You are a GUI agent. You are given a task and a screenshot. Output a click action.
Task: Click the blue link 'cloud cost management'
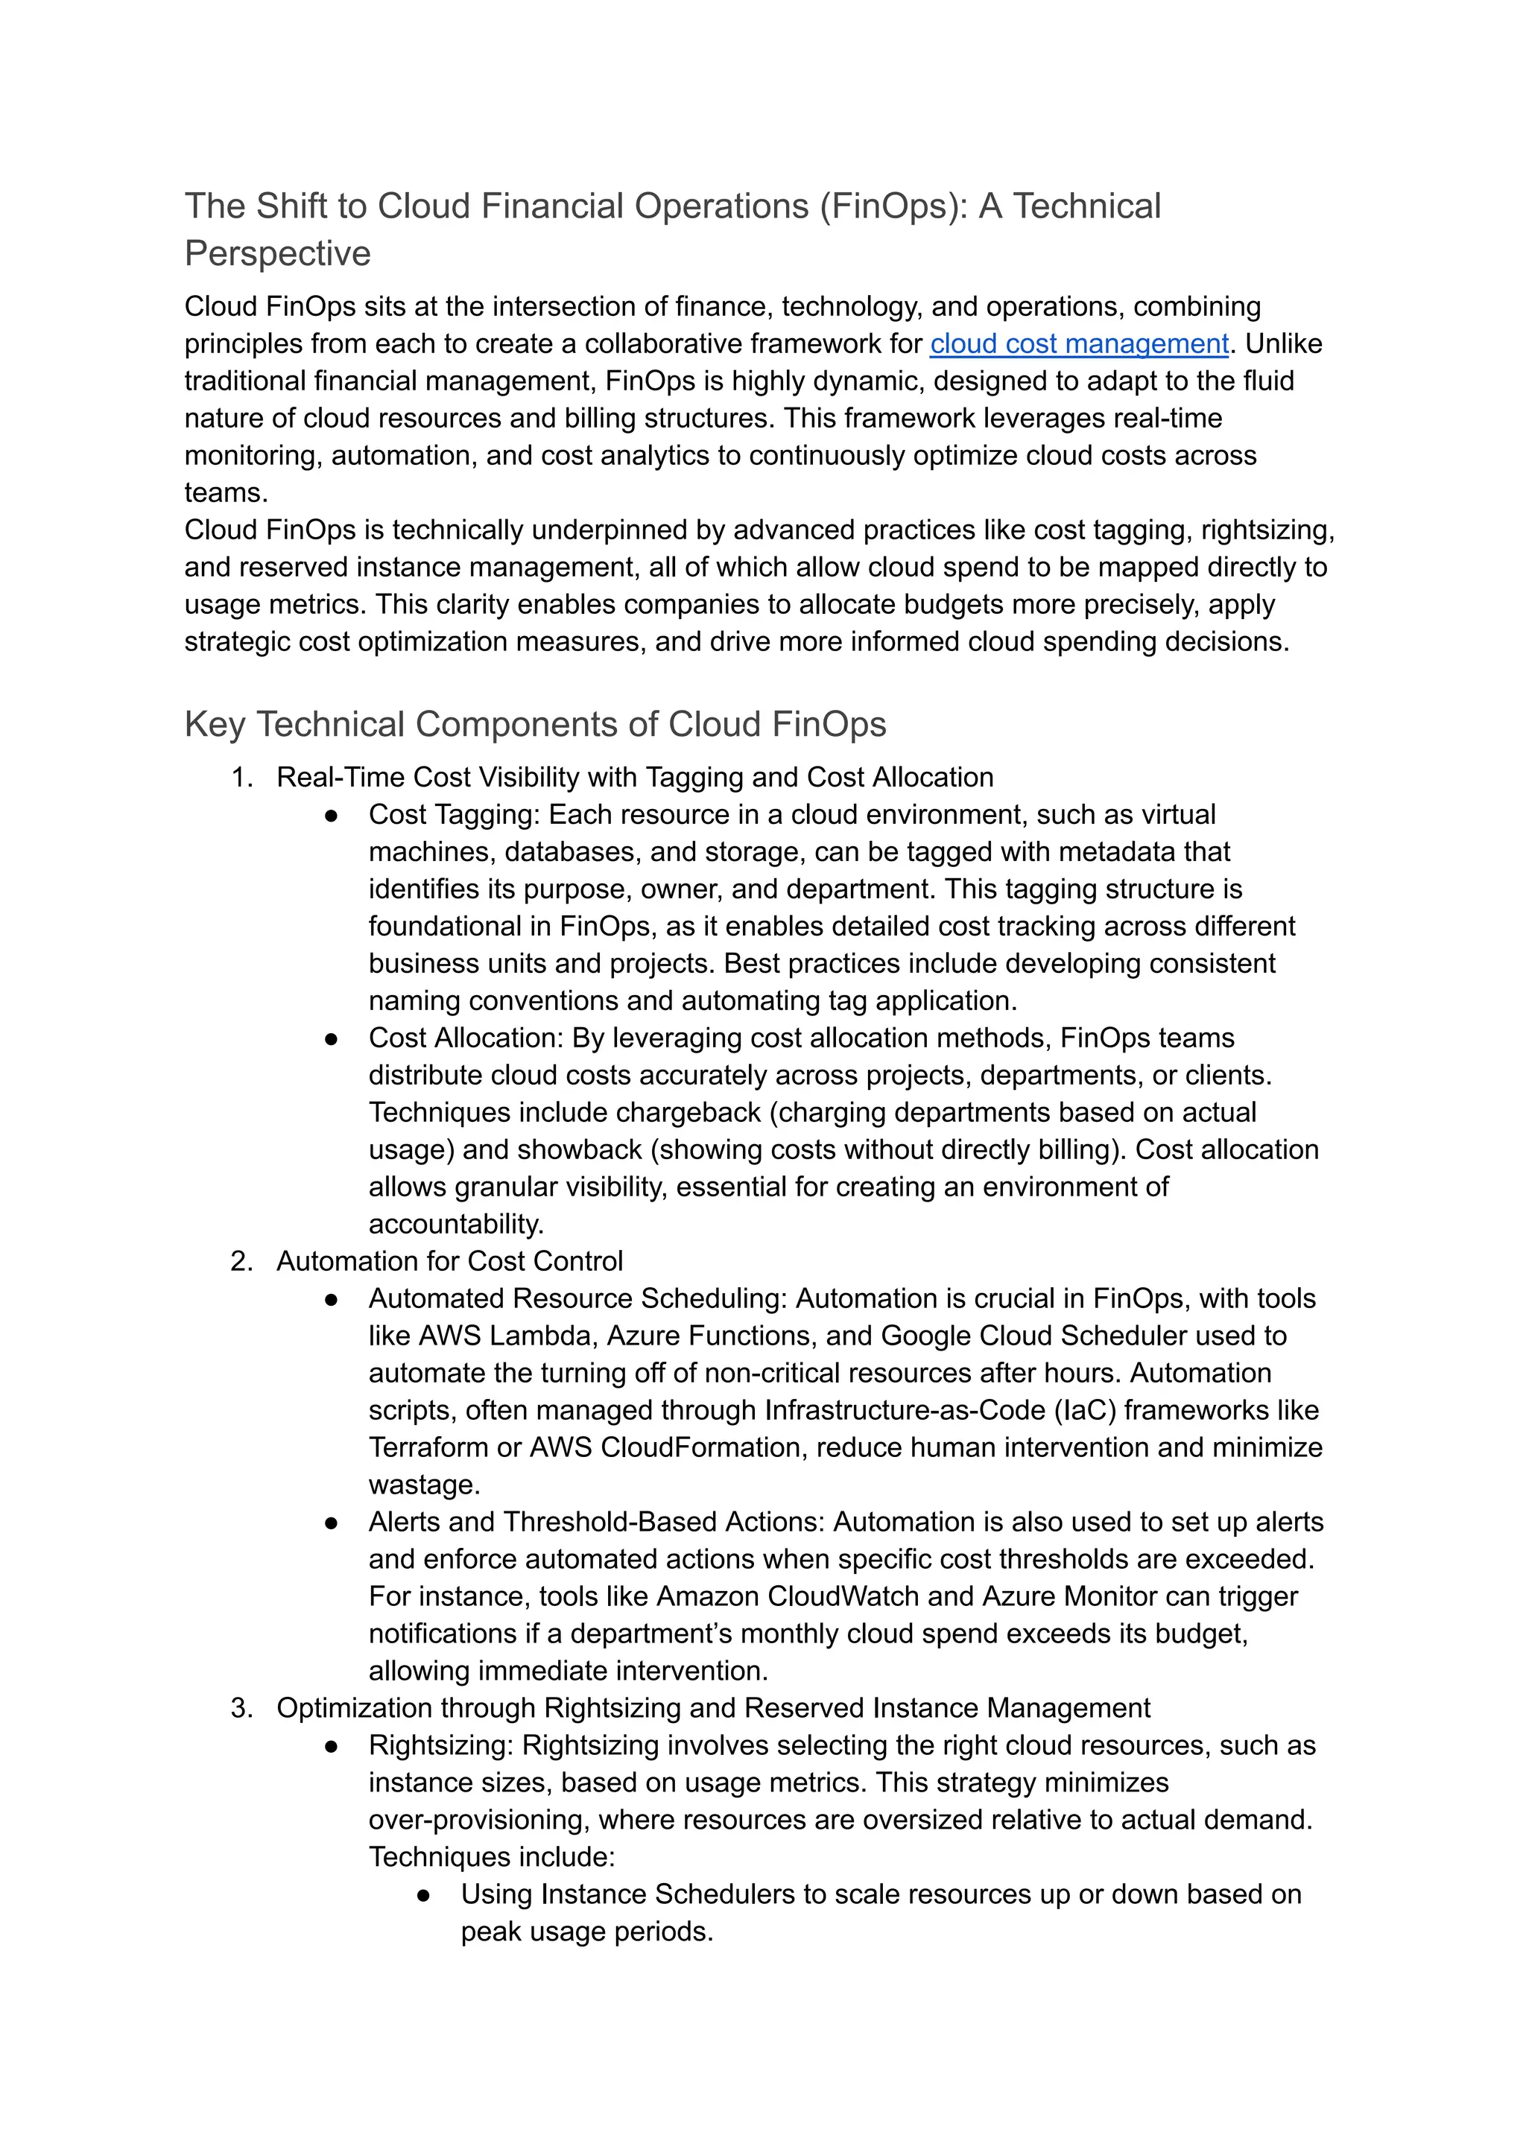[1079, 344]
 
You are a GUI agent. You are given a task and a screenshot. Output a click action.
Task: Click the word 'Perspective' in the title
[277, 254]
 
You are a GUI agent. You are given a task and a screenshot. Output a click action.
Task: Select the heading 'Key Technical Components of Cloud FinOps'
[535, 724]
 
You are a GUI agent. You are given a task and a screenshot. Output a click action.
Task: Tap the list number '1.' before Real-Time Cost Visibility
[242, 778]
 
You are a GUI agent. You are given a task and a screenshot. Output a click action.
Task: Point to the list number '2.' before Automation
[241, 1262]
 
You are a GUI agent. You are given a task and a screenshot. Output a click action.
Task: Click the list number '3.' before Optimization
[241, 1708]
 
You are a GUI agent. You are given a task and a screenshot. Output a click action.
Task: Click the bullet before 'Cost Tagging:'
[331, 816]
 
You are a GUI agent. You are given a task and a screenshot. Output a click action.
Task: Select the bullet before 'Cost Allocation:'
[331, 1039]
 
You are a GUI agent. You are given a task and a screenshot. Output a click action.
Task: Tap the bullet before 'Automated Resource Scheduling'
[331, 1299]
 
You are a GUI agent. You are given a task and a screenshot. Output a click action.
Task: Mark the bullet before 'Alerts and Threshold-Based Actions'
[331, 1523]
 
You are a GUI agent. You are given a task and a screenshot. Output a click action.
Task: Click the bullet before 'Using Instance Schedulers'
[422, 1896]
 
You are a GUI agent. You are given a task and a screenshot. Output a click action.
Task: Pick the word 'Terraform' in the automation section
[428, 1447]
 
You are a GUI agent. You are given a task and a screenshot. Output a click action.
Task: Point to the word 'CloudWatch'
[846, 1597]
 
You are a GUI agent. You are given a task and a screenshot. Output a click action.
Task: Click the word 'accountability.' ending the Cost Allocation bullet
[456, 1224]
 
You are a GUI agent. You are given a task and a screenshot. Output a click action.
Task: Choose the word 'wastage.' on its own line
[424, 1485]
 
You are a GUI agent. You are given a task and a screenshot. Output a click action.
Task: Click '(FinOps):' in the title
[893, 206]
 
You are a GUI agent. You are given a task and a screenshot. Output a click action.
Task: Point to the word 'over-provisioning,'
[478, 1820]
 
